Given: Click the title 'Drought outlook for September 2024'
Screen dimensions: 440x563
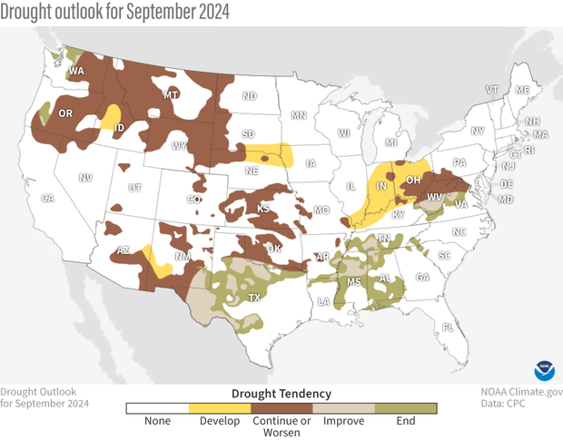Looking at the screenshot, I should coord(114,12).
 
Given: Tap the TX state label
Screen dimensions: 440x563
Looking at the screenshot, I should coord(254,298).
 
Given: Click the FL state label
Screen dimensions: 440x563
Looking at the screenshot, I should coord(446,327).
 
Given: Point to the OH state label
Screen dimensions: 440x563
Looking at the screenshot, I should coord(413,180).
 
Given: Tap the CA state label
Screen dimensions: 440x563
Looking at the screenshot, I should coord(48,198).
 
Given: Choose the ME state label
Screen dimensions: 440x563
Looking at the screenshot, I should coord(521,91).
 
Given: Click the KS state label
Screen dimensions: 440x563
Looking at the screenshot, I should coord(263,209).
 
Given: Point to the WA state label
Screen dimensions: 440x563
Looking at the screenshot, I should coord(76,71).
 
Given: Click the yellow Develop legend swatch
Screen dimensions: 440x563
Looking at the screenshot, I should coord(219,409).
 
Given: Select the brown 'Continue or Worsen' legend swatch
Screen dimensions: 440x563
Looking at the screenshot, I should coord(281,409).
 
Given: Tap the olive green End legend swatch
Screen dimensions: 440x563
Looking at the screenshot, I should coord(406,409).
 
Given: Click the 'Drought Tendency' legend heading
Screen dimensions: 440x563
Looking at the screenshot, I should coord(281,393).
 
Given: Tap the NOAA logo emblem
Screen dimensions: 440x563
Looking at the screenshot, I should coord(545,370).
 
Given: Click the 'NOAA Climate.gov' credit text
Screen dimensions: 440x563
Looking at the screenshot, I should coord(521,392).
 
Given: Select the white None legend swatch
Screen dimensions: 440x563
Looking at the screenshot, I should coord(156,409).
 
